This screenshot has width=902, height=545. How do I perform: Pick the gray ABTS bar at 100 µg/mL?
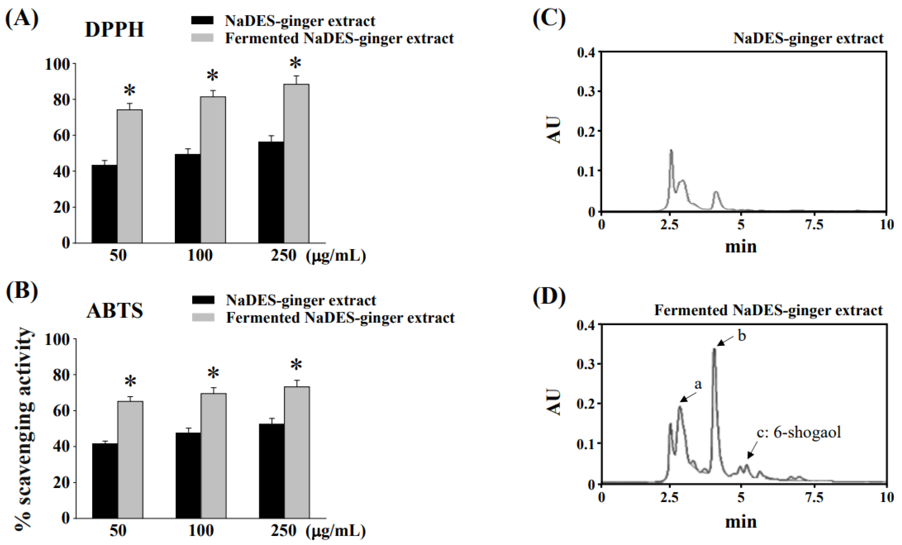click(x=213, y=455)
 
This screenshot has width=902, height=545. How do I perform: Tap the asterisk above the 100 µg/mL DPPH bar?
click(x=212, y=76)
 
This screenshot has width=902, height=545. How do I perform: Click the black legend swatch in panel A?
click(x=202, y=20)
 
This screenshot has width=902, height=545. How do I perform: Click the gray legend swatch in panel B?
click(x=203, y=317)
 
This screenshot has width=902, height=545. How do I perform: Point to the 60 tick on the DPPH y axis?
click(x=62, y=135)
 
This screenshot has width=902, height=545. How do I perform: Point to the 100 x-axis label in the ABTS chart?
click(x=201, y=530)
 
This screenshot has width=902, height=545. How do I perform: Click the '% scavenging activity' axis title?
click(x=24, y=428)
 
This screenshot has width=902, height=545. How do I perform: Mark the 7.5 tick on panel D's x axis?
click(x=814, y=498)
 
